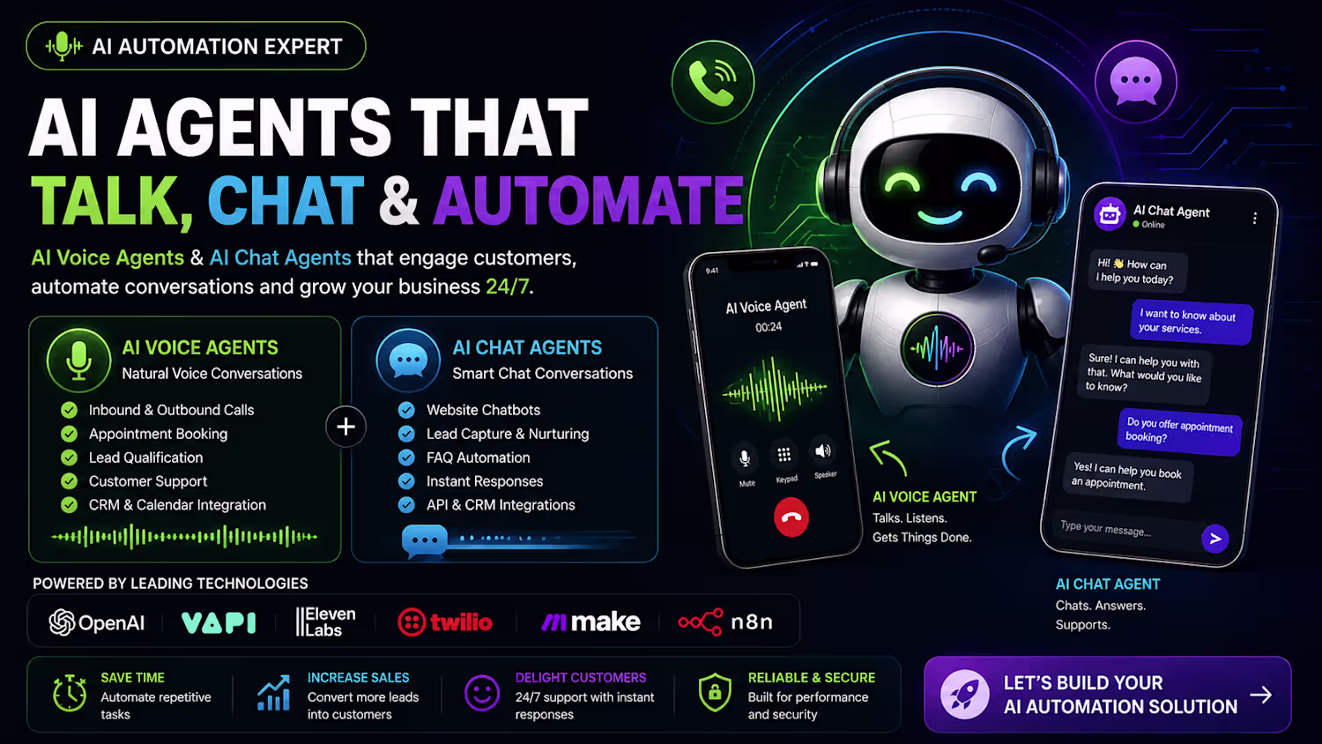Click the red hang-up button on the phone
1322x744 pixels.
(791, 517)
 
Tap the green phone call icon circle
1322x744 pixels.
(713, 81)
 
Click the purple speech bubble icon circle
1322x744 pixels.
(1135, 81)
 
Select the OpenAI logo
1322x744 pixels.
(97, 622)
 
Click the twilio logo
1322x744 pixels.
(445, 622)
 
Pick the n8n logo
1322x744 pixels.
(725, 621)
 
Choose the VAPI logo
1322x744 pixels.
(219, 622)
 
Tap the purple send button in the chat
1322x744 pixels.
(1214, 539)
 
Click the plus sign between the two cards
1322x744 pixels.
(345, 427)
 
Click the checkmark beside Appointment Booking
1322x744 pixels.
(69, 434)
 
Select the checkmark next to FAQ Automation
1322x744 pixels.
(406, 458)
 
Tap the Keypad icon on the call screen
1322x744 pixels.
(784, 455)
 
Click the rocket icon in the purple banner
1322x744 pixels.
(964, 695)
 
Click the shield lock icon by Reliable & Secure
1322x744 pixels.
(715, 692)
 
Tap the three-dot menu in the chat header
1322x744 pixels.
(1255, 218)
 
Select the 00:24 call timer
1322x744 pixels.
(769, 327)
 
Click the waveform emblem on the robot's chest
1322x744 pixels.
(937, 348)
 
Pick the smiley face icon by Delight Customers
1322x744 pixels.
(481, 693)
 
